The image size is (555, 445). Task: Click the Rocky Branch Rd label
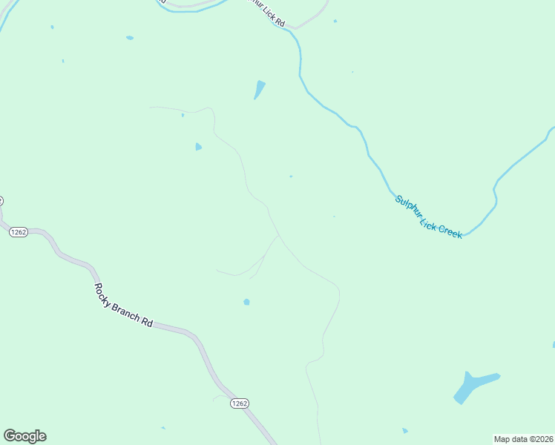pos(123,306)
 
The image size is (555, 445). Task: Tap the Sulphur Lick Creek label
pos(428,217)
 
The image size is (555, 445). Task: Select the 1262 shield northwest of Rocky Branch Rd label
pos(19,232)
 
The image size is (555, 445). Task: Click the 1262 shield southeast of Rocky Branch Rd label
pos(239,403)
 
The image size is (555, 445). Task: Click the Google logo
pos(24,436)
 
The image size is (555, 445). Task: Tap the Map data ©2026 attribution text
pos(524,439)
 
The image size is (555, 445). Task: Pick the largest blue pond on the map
pos(472,386)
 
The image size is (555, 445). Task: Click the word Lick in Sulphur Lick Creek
pos(430,220)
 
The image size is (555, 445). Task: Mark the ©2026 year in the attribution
pos(540,439)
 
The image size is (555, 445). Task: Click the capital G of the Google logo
pos(10,436)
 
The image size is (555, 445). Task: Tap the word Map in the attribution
pos(502,439)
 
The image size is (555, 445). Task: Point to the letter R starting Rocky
pos(97,286)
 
